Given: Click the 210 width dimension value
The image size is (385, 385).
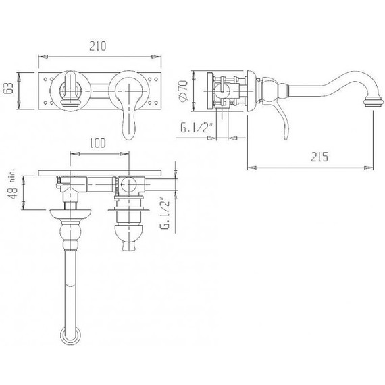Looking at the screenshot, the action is pos(98,46).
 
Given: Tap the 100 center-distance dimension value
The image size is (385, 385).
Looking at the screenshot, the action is pos(97,143).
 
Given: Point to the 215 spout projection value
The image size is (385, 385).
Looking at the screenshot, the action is pos(319,157).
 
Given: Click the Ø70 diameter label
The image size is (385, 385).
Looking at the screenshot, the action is pos(184,91).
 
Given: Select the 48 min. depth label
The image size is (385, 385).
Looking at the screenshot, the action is pos(11,184).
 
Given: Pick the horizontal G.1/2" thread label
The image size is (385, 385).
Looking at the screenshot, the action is pos(196,128).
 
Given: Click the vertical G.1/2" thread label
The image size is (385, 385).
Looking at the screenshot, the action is pos(165,213).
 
